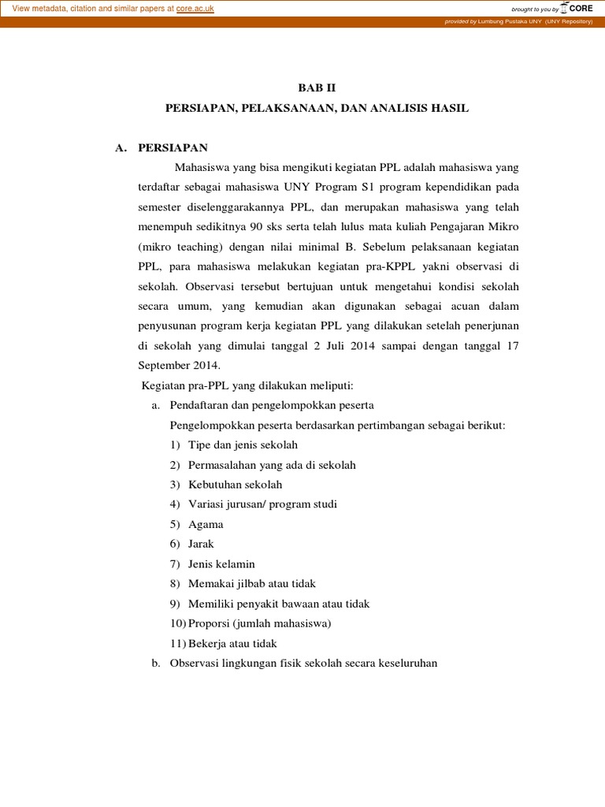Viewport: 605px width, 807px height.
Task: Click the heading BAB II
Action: [317, 87]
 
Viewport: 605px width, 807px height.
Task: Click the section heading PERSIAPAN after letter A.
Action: [173, 147]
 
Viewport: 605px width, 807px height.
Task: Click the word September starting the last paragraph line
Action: [165, 366]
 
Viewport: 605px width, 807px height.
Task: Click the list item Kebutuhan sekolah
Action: [235, 484]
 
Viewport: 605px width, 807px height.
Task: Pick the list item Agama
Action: [206, 524]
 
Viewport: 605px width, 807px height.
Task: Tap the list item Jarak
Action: [201, 544]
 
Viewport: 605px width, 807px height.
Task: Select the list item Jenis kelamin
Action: [221, 563]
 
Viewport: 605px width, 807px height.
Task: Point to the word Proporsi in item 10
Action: [210, 623]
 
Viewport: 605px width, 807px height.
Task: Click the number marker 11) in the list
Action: [178, 644]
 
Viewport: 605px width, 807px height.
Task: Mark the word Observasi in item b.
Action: [194, 664]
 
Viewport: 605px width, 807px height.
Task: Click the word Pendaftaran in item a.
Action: [200, 405]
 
